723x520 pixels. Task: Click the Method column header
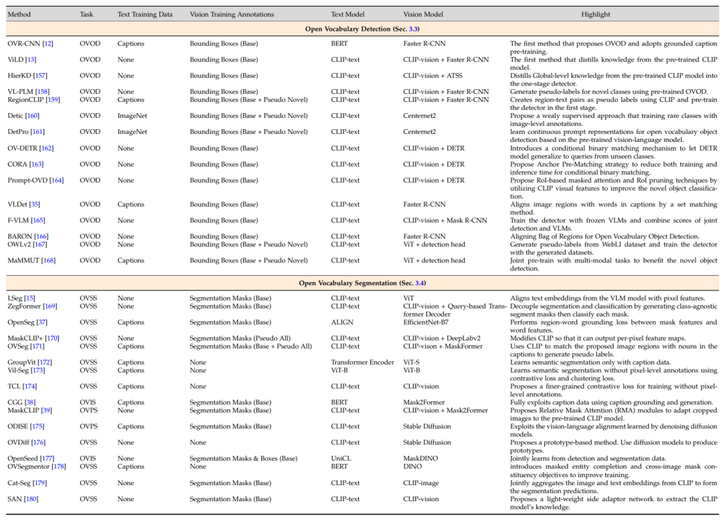pyautogui.click(x=19, y=14)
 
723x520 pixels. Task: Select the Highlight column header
pyautogui.click(x=595, y=14)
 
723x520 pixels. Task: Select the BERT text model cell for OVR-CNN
pyautogui.click(x=339, y=44)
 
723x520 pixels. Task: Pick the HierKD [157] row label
pyautogui.click(x=27, y=76)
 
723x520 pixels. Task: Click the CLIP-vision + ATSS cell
pyautogui.click(x=432, y=76)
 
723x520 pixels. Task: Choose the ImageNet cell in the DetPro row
pyautogui.click(x=132, y=132)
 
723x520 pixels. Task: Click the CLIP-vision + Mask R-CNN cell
pyautogui.click(x=445, y=220)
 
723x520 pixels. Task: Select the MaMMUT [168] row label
pyautogui.click(x=31, y=260)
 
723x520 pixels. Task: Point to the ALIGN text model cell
pyautogui.click(x=341, y=322)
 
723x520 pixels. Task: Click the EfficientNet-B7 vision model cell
pyautogui.click(x=426, y=322)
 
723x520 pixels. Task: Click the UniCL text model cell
pyautogui.click(x=341, y=458)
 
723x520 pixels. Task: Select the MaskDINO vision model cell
pyautogui.click(x=420, y=458)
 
